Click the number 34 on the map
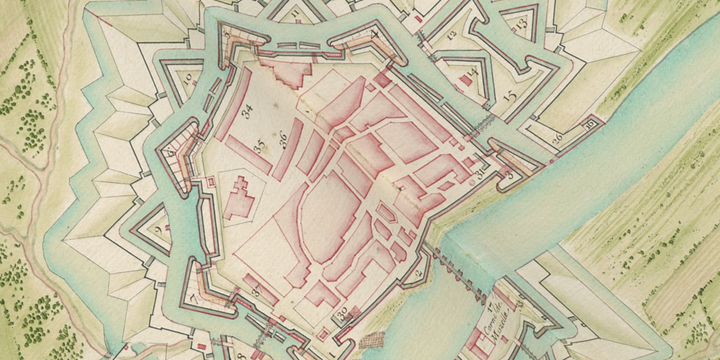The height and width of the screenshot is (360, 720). click(x=247, y=112)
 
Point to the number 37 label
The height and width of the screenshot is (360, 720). click(x=257, y=290)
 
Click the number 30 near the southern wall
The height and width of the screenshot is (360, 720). click(x=343, y=314)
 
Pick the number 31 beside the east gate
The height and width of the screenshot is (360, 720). click(x=481, y=173)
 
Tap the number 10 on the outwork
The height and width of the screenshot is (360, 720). click(x=188, y=80)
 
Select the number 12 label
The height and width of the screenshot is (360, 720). click(x=451, y=34)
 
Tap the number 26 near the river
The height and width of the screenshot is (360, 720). click(x=557, y=139)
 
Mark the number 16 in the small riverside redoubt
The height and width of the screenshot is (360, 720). click(x=590, y=124)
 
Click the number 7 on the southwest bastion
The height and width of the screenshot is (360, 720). click(x=193, y=300)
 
